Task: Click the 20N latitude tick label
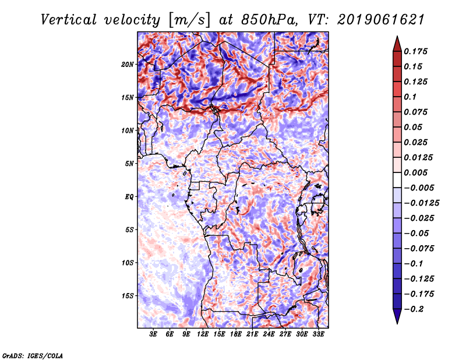(x=128, y=64)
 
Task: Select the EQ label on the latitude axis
(x=129, y=196)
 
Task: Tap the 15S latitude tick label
(x=128, y=296)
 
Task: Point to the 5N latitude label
(x=129, y=164)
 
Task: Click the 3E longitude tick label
(x=153, y=334)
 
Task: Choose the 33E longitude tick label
(x=318, y=334)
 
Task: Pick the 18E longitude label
(x=236, y=334)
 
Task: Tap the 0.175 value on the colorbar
(x=415, y=51)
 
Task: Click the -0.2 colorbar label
(x=414, y=309)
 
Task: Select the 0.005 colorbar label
(x=415, y=172)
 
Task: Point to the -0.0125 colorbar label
(x=421, y=203)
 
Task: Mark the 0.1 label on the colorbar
(x=410, y=97)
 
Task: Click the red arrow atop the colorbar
(x=397, y=44)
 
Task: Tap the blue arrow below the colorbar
(x=397, y=316)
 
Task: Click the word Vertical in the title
(x=69, y=20)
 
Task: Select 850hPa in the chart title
(x=269, y=20)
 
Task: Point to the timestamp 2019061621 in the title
(x=381, y=20)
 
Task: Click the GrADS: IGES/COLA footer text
(x=33, y=355)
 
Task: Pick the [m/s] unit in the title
(x=189, y=20)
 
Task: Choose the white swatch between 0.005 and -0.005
(x=397, y=180)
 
